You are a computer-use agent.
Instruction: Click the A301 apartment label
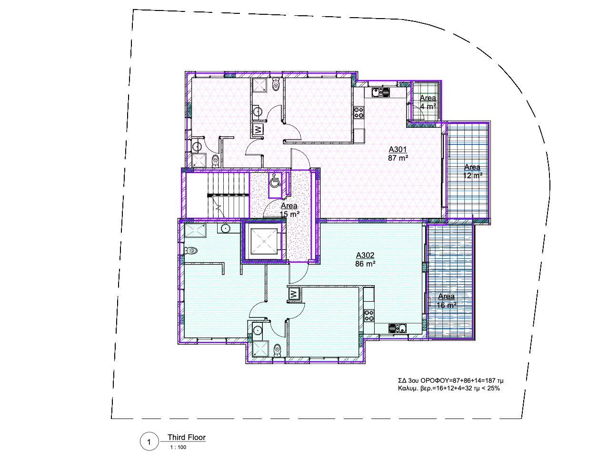(x=398, y=149)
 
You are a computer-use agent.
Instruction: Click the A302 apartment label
(x=365, y=255)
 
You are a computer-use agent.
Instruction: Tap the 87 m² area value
(x=398, y=158)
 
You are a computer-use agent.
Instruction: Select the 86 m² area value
(x=365, y=264)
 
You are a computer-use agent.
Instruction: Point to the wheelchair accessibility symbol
(x=275, y=182)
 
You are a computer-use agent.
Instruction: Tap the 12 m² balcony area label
(x=472, y=175)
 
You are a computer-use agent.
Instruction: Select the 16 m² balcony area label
(x=446, y=305)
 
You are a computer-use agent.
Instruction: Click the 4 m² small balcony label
(x=428, y=106)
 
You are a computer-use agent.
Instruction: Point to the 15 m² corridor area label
(x=289, y=215)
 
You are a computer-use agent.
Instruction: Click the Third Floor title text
(x=186, y=437)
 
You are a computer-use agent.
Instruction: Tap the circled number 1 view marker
(x=149, y=442)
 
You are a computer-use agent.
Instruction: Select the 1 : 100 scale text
(x=178, y=447)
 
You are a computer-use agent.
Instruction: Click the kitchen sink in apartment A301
(x=381, y=92)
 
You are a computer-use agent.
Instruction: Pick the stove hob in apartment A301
(x=359, y=112)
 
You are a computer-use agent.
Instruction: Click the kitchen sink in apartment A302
(x=397, y=328)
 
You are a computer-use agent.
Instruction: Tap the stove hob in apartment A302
(x=369, y=315)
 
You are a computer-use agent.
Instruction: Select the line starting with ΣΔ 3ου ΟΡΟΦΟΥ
(x=450, y=381)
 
